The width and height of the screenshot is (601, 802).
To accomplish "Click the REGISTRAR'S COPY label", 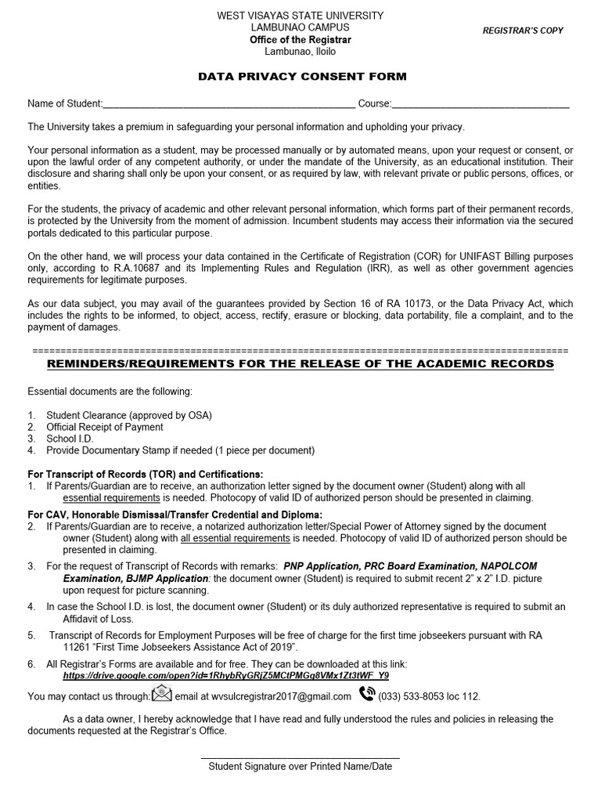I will pos(522,31).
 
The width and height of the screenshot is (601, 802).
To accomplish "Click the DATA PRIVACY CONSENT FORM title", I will pos(302,77).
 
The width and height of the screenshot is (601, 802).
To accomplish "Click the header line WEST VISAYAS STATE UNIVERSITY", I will pos(300,16).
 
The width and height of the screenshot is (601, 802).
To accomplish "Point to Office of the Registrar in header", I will pos(300,40).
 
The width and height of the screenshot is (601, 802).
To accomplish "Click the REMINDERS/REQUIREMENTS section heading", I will pos(300,364).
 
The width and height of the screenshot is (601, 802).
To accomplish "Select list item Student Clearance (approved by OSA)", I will pos(128,415).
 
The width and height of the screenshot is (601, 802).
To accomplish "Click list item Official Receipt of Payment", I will pos(104,427).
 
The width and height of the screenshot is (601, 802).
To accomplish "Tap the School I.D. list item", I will pos(70,439).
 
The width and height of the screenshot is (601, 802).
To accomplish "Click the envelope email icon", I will pos(161,694).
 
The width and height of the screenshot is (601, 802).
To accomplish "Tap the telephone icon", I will pos(366,694).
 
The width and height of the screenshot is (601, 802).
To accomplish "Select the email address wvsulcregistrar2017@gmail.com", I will pos(263,696).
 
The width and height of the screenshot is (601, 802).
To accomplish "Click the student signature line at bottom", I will pos(300,757).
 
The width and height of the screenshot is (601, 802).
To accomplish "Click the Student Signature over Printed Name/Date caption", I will pos(300,767).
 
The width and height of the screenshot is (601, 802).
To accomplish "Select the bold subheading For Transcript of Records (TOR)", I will pos(146,475).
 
